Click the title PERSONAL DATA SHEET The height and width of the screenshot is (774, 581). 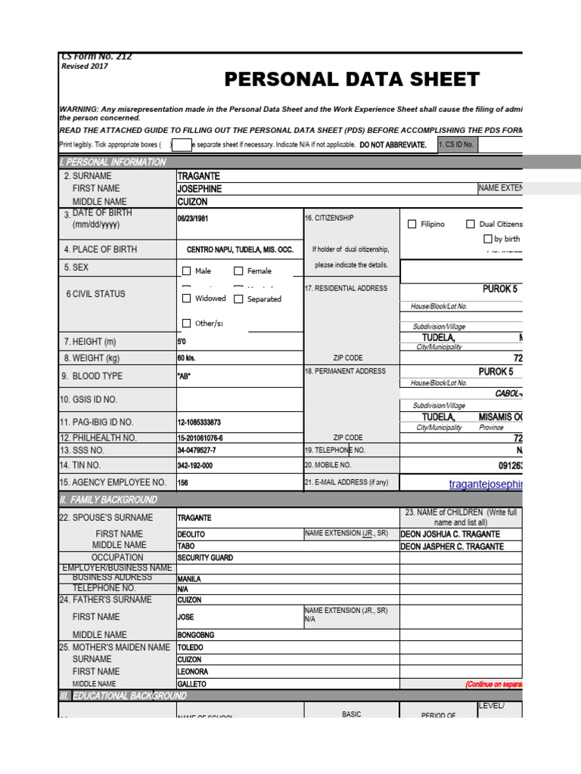[352, 80]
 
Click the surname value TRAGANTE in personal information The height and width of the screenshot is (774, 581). [198, 175]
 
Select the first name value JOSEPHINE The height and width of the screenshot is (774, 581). [200, 188]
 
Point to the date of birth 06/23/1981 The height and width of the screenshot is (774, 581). [192, 217]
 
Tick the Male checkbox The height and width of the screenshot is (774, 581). [187, 271]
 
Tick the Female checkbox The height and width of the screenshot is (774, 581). [238, 271]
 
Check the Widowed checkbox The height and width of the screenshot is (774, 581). [187, 299]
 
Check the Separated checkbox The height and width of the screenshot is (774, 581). [238, 299]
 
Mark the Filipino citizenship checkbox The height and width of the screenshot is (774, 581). [412, 224]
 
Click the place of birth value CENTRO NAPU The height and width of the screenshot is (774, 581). [240, 249]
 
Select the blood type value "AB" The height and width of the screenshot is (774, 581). [185, 376]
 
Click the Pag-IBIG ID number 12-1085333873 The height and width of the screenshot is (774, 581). [199, 423]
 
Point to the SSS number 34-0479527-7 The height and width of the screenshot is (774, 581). [197, 450]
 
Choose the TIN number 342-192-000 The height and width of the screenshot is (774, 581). [195, 466]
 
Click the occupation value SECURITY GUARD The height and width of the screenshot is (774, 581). [205, 557]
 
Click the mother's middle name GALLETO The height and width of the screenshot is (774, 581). [191, 683]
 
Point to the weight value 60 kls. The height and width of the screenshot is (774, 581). [186, 358]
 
